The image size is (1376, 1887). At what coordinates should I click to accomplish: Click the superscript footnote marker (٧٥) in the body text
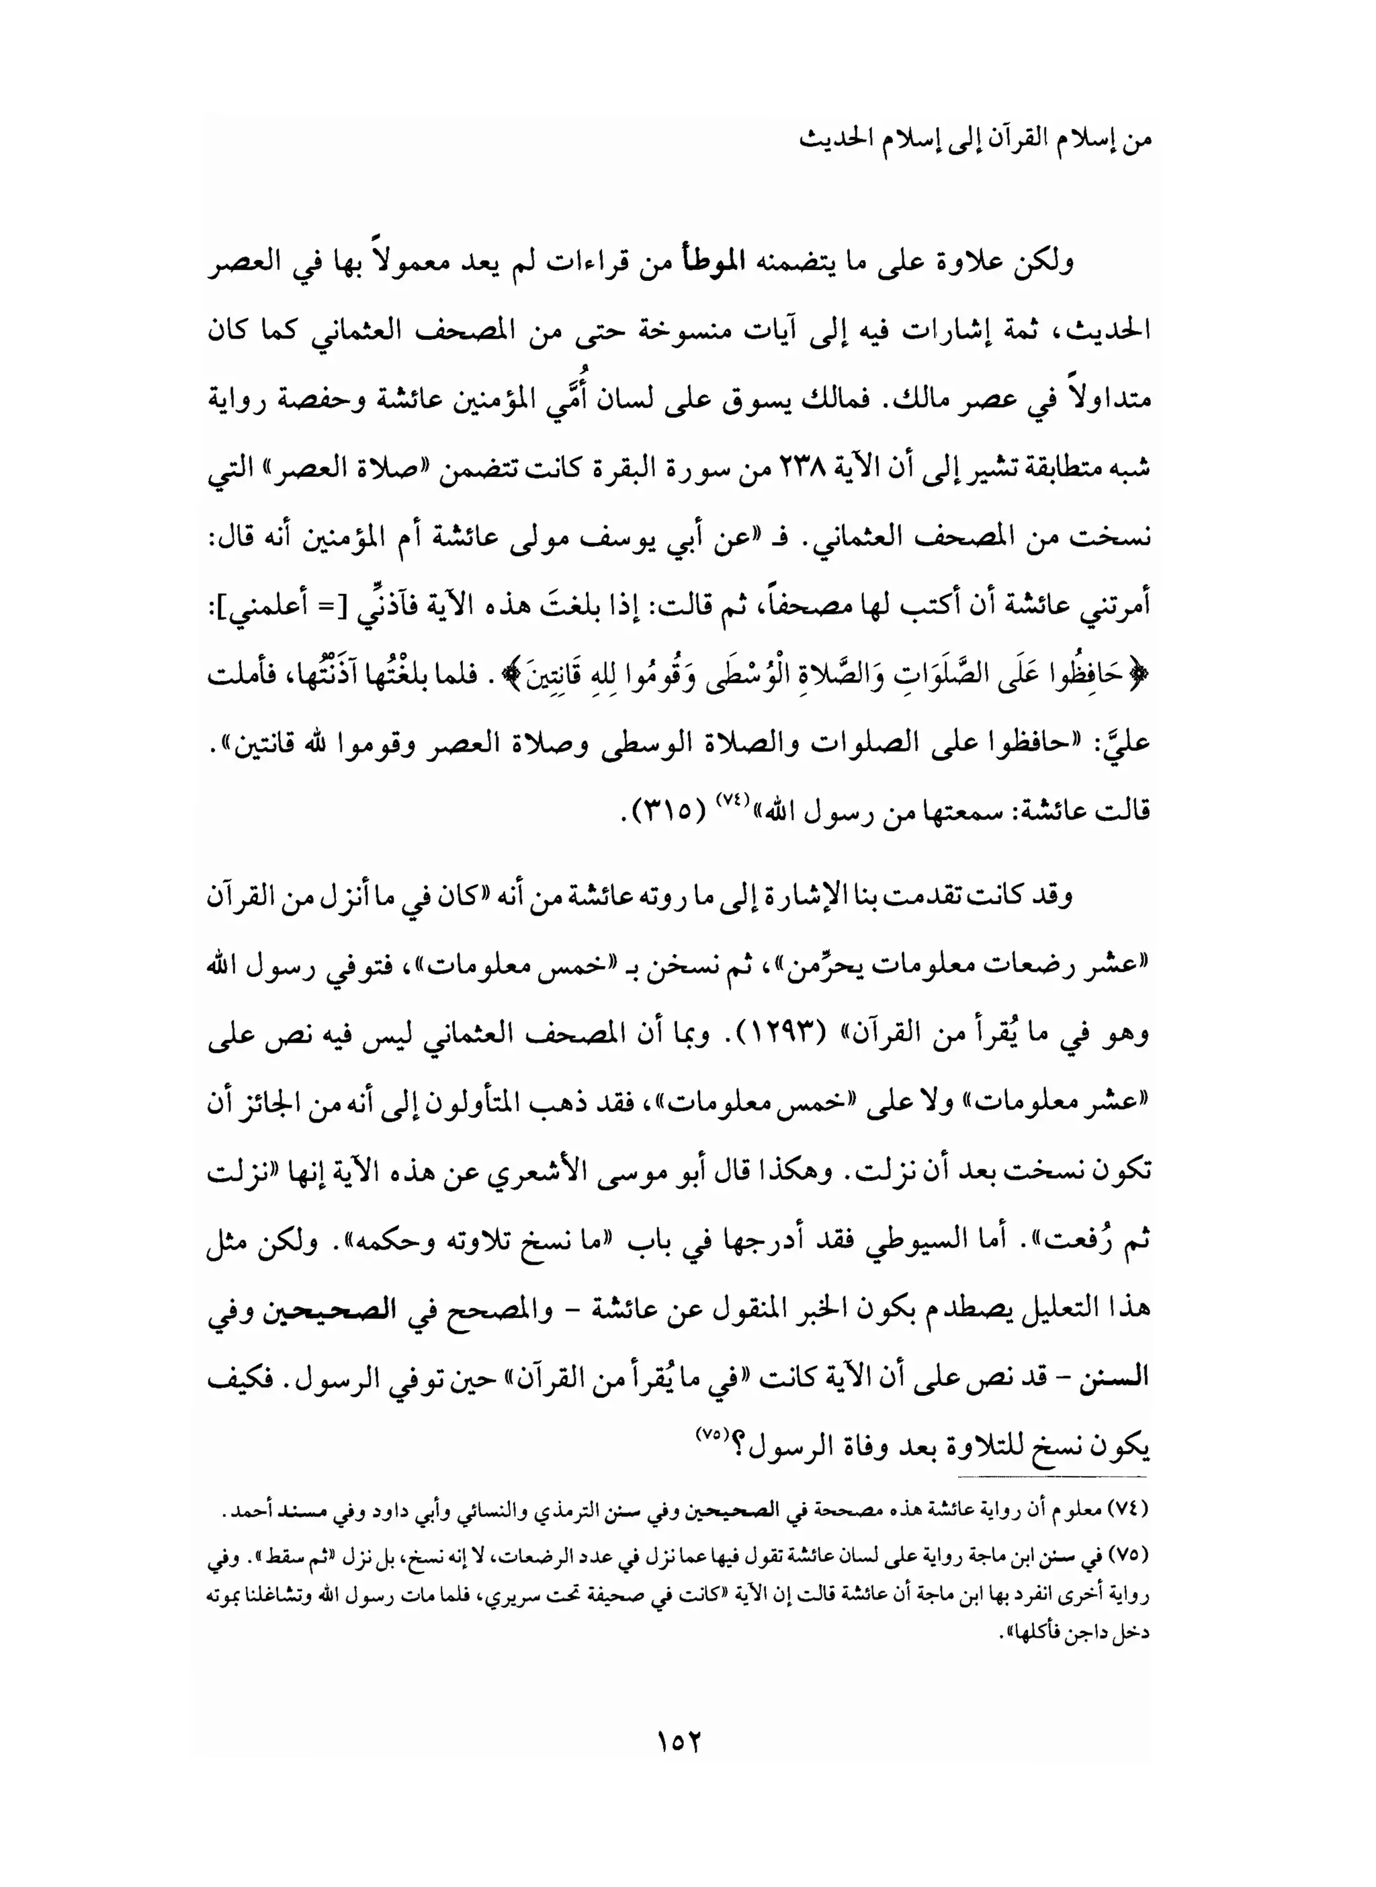(709, 1432)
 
